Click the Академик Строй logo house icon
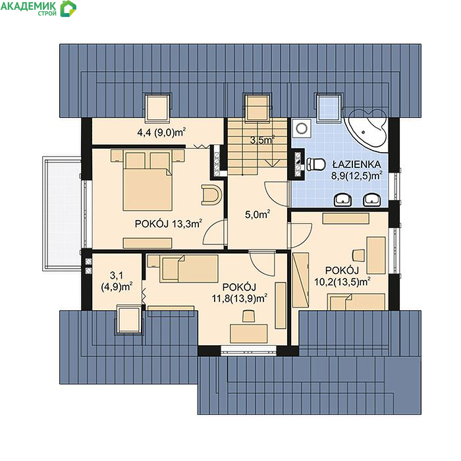coord(68,9)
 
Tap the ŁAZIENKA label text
coord(356,164)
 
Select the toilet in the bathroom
coord(315,165)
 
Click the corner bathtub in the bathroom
coord(367,129)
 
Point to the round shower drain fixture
coord(302,128)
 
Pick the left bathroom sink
coord(343,200)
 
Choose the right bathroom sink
coord(372,200)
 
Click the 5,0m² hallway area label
coord(258,214)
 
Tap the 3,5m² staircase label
coord(262,140)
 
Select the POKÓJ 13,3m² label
coord(169,224)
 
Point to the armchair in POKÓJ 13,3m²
coord(211,195)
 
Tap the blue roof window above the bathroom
coord(329,107)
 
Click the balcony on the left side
coord(62,213)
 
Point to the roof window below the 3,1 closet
coord(129,319)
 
